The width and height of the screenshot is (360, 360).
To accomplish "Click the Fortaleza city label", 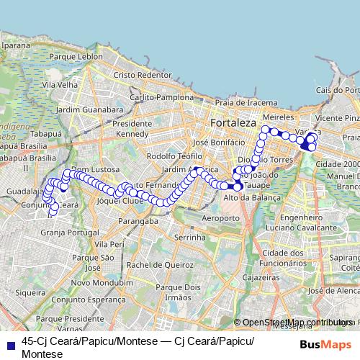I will [x=233, y=123].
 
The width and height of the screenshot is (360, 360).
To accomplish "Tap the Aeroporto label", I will [x=220, y=217].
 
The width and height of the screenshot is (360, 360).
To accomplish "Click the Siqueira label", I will [x=30, y=293].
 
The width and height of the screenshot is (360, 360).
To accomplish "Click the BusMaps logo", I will [x=325, y=344].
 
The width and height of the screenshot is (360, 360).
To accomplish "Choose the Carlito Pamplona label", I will [x=161, y=96].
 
